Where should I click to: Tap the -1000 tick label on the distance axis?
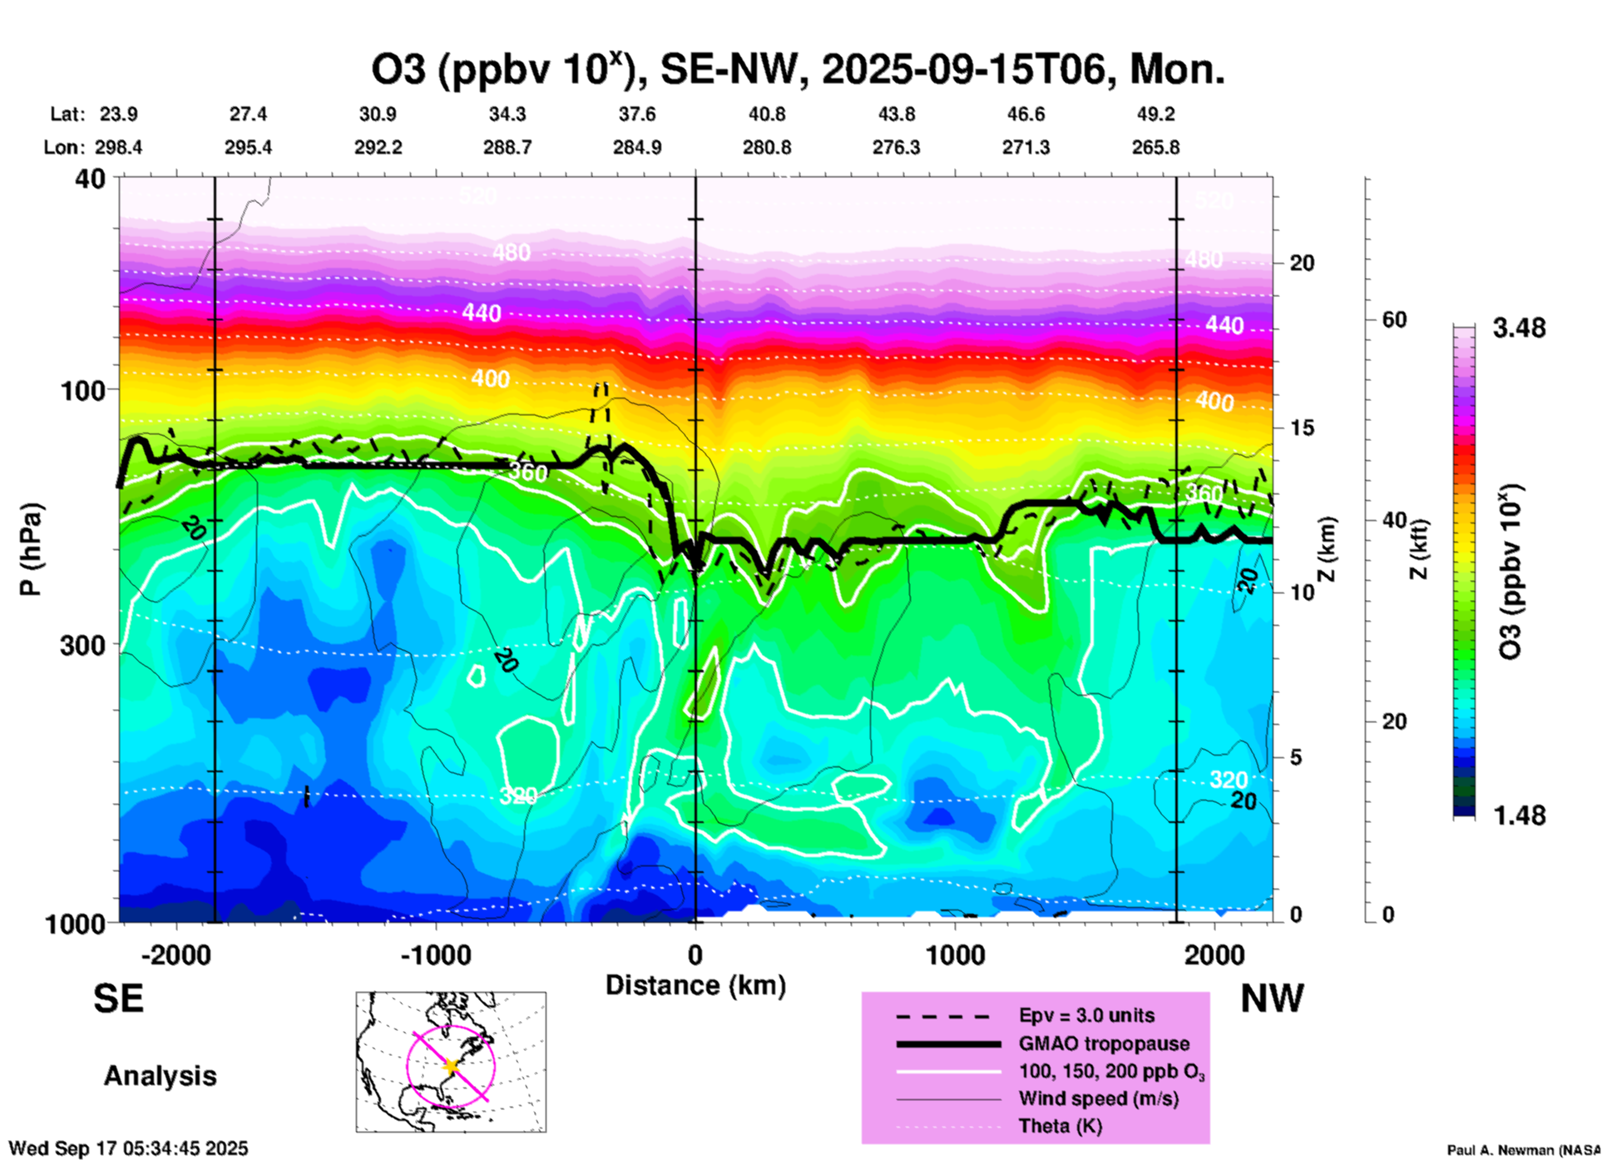tap(435, 955)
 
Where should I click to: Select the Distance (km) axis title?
tap(695, 985)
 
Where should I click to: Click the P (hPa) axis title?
tap(31, 549)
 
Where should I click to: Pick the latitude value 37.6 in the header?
tap(636, 114)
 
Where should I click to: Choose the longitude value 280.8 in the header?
tap(766, 147)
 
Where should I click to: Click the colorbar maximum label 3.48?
tap(1519, 329)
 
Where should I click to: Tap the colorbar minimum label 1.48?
tap(1519, 815)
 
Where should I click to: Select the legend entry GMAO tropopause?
tap(1104, 1044)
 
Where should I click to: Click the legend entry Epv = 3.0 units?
tap(1086, 1015)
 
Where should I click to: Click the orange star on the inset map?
tap(451, 1066)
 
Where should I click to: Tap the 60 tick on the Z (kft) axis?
tap(1394, 320)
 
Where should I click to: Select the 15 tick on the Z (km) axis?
tap(1301, 428)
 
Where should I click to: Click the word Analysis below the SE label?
tap(160, 1076)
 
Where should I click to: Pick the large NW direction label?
tap(1272, 999)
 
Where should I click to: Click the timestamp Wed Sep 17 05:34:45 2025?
tap(129, 1148)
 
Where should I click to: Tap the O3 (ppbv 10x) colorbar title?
tap(1510, 572)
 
